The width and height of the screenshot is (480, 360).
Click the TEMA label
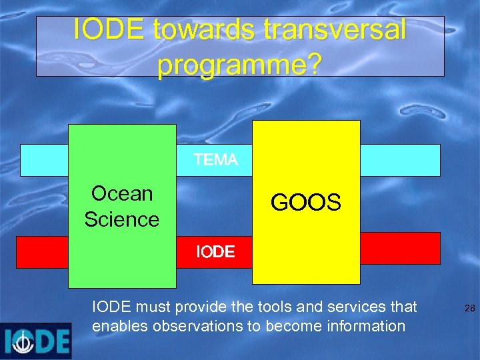click(215, 160)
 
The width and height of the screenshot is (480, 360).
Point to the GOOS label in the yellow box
click(306, 202)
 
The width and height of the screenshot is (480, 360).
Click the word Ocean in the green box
click(122, 193)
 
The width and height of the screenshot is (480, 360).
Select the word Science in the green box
click(122, 219)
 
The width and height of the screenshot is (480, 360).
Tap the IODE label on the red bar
click(215, 252)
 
